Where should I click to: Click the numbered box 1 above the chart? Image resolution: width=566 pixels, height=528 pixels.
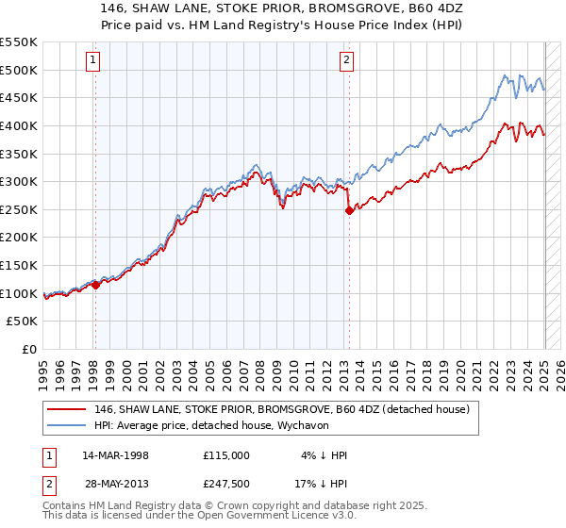pos(94,61)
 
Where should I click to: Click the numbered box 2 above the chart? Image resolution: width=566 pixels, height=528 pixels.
pos(346,61)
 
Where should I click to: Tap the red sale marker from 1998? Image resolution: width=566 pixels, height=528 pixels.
pos(95,284)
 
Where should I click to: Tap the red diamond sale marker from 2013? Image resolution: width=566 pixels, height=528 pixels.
pos(349,210)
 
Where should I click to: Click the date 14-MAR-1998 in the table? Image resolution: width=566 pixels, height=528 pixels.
pos(115,454)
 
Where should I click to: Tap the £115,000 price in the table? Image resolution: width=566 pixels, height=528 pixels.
pos(226,454)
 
